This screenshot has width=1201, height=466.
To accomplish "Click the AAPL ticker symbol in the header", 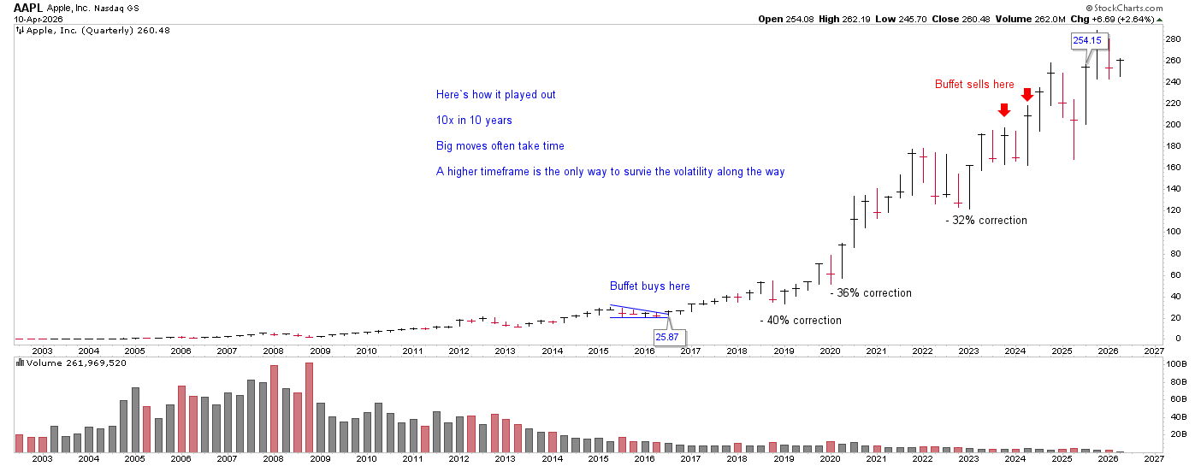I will pos(28,7).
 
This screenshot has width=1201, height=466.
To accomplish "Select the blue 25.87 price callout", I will pos(667,337).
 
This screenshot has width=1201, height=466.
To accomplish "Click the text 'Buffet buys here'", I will pos(649,286).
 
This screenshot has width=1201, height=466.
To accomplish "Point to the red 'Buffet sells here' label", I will pos(973,84).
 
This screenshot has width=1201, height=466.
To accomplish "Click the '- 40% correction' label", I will pos(801,320).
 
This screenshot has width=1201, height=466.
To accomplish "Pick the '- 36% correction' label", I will pos(871,292).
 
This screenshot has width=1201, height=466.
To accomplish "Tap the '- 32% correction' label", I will pos(986,220).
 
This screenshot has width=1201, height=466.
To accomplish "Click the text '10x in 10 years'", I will pos(474,120).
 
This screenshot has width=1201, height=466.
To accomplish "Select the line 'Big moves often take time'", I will pos(500,145).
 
